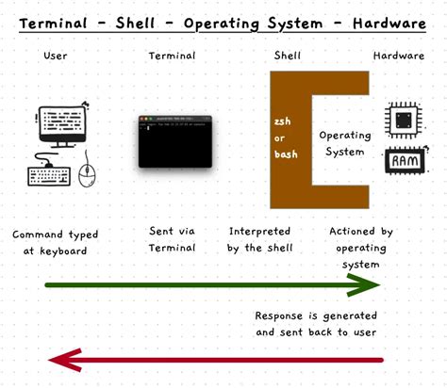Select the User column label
pos(56,56)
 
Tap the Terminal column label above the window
pos(172,56)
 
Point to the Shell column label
pos(287,56)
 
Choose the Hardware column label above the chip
pos(399,56)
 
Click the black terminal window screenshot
pos(175,141)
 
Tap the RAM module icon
pos(405,162)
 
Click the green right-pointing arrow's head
pos(373,285)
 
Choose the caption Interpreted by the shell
pos(260,239)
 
